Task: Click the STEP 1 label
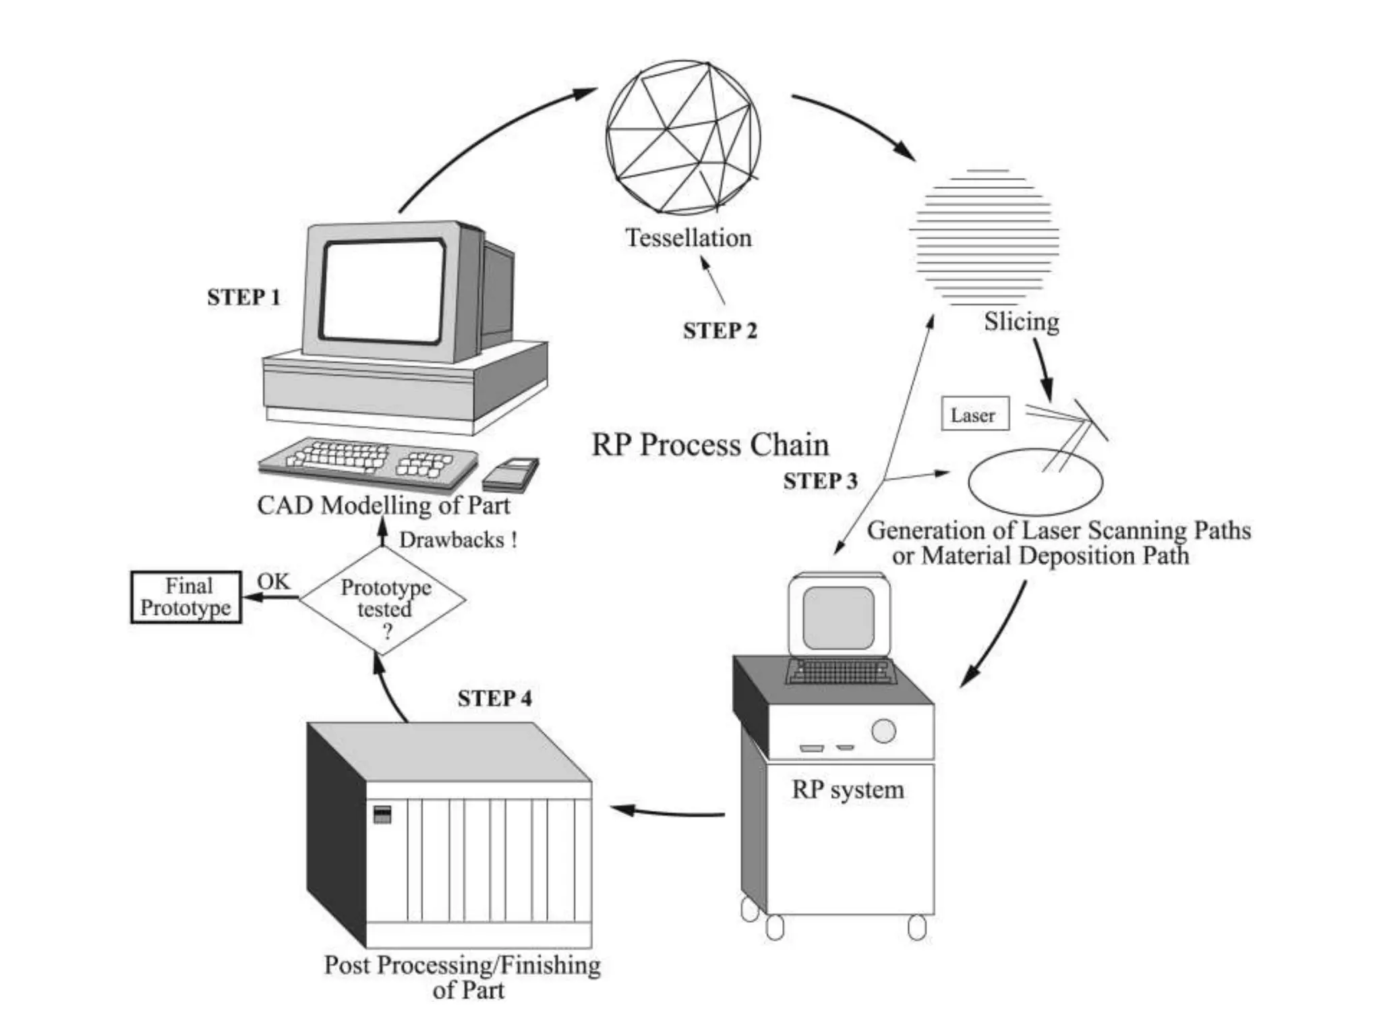243,297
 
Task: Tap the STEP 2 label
719,330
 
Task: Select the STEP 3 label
820,481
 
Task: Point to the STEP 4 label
494,698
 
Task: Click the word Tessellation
688,238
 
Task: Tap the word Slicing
1021,321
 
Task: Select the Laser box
974,414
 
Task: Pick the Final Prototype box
186,597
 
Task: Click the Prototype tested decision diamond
383,600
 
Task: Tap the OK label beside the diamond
273,581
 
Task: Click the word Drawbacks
452,540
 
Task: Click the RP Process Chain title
710,445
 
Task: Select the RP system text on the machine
847,789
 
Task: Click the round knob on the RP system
883,731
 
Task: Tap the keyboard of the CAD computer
368,460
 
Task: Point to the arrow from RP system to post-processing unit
668,811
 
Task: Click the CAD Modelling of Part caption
383,505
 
